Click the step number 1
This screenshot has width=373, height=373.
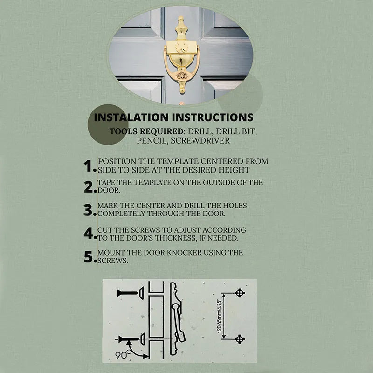click(89, 166)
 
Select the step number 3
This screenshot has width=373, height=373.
click(89, 210)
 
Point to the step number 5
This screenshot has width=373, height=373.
click(89, 257)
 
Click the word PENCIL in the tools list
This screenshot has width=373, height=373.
click(152, 141)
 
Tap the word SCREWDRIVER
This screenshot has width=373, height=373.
click(200, 141)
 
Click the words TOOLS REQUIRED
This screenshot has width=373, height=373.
click(146, 131)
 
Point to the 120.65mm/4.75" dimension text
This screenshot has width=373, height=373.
click(219, 316)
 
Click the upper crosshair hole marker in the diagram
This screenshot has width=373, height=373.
click(240, 293)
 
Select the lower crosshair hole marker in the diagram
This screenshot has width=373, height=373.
click(240, 339)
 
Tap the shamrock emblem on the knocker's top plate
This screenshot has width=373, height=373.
click(181, 48)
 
